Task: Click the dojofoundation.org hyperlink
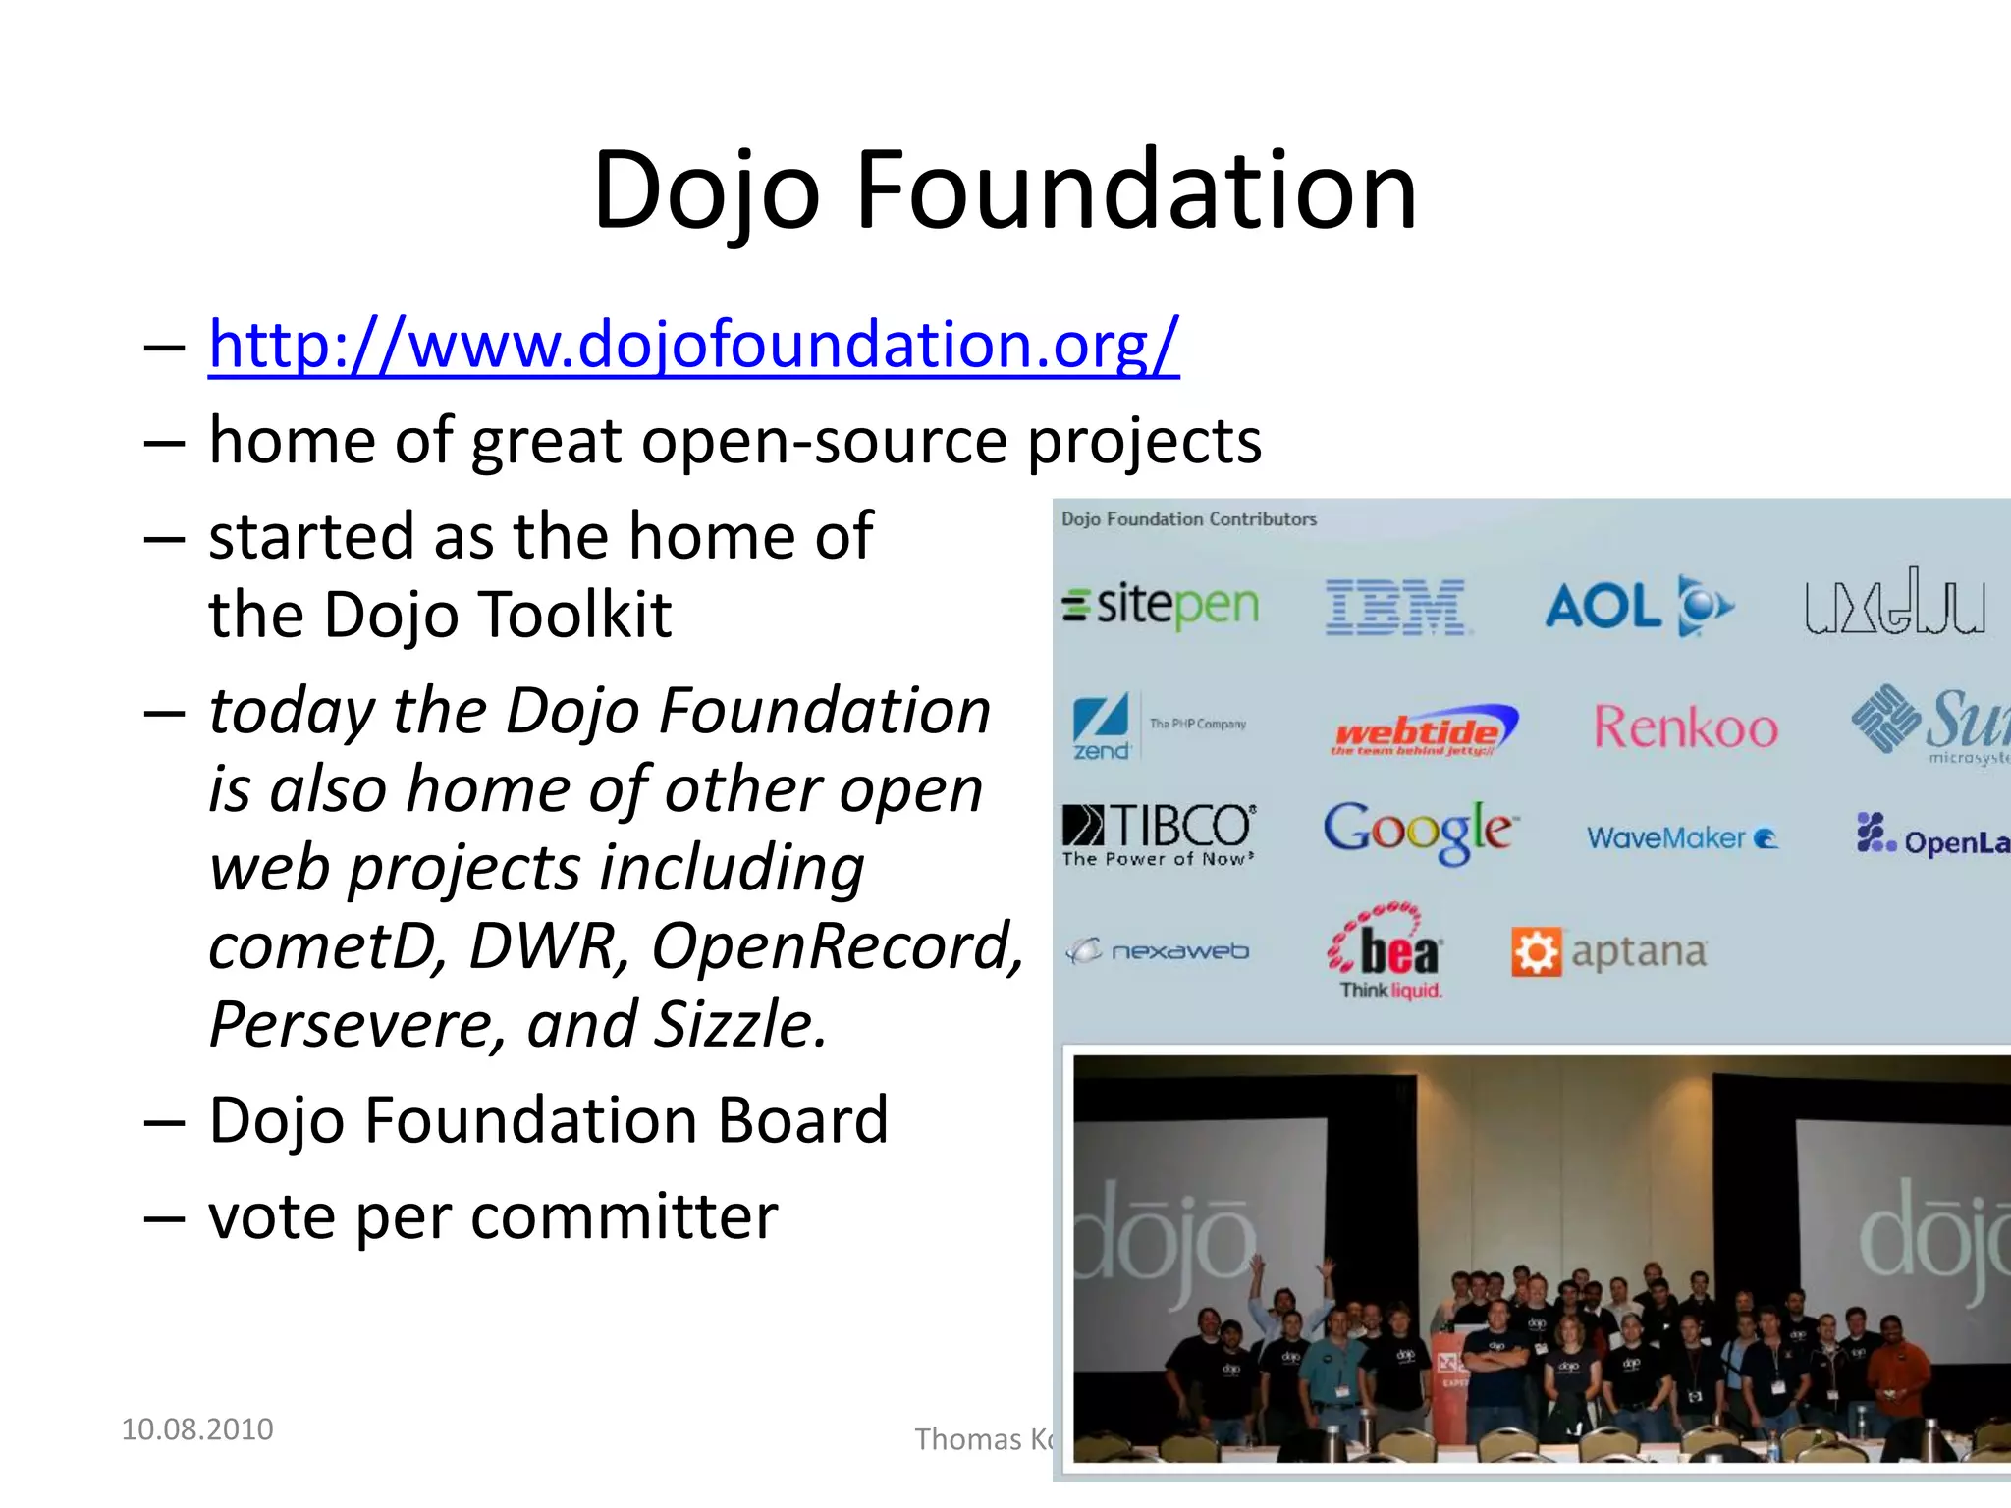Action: (x=693, y=346)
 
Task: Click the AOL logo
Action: (x=1638, y=606)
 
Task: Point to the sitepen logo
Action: (x=1161, y=605)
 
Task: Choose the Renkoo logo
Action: (x=1685, y=728)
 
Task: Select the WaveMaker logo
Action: (x=1681, y=838)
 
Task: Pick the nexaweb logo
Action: (x=1159, y=951)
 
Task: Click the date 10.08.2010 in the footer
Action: (x=196, y=1429)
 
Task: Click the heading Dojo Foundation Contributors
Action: (x=1188, y=519)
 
